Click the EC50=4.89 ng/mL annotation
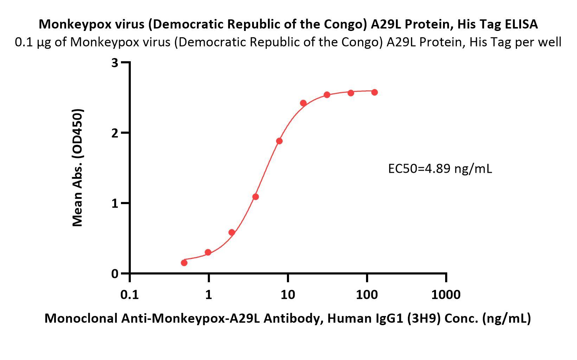pos(440,169)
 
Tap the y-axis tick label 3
pos(115,63)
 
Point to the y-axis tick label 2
pos(115,133)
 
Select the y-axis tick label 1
pos(115,203)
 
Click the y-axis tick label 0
pos(115,274)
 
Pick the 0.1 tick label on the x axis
pos(129,294)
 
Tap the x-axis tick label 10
pos(288,294)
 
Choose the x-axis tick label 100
pos(367,294)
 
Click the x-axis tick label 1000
pos(446,294)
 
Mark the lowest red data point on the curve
pos(184,263)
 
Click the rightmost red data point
pos(374,92)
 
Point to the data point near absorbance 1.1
pos(256,197)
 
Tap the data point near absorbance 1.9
pos(279,141)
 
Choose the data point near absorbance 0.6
pos(232,232)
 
